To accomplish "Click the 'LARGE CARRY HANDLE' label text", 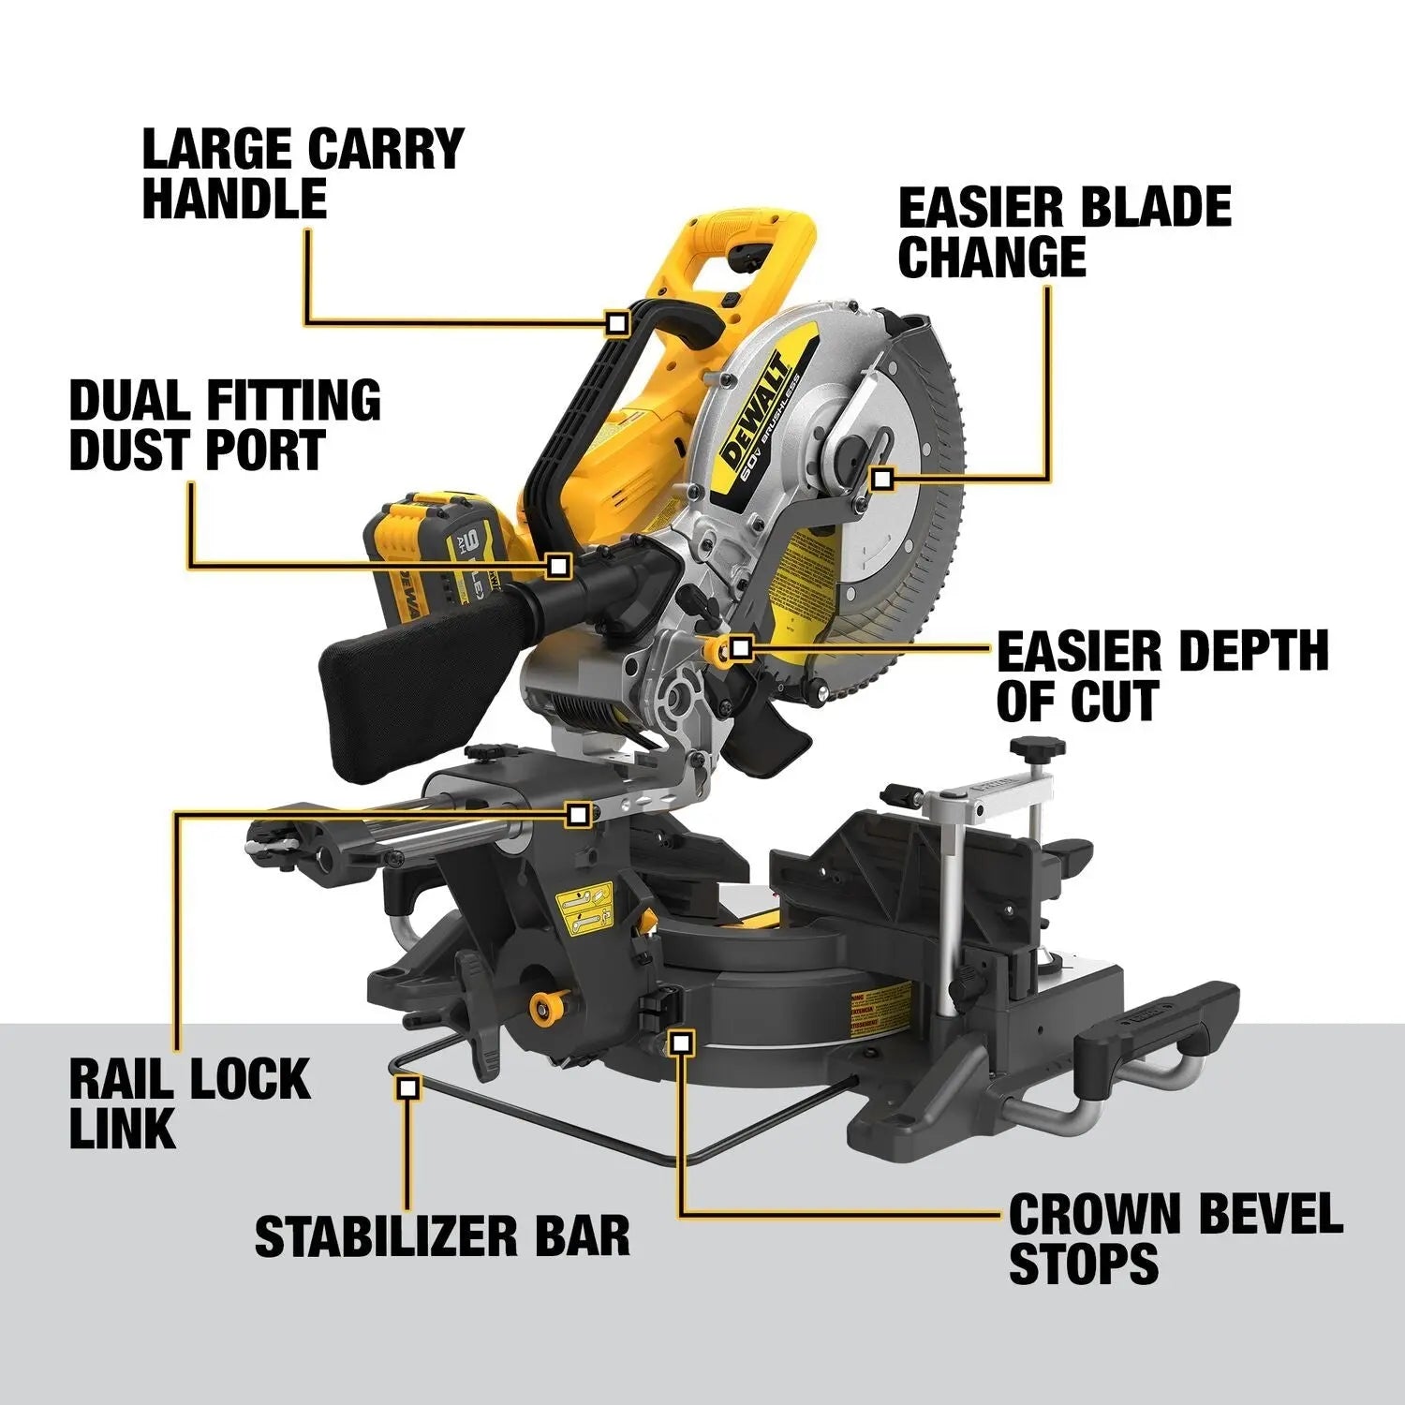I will click(303, 173).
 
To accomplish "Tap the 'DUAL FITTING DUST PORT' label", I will click(225, 424).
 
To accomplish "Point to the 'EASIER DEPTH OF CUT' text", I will click(1161, 676).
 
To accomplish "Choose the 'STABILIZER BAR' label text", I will click(442, 1235).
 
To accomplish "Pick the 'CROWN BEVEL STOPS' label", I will click(1176, 1238).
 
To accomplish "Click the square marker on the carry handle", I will click(616, 324).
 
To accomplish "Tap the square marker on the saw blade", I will click(880, 480).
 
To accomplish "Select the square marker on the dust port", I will click(559, 565).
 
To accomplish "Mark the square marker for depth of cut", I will click(741, 647).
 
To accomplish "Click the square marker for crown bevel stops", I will click(682, 1042).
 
